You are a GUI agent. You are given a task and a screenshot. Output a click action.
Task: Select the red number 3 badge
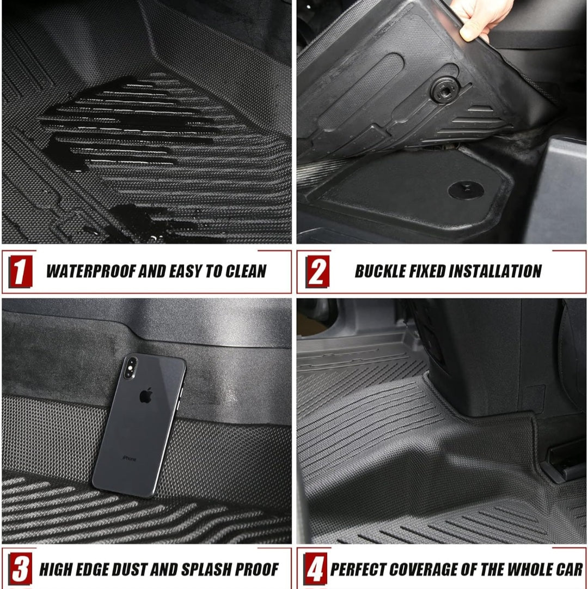(x=21, y=569)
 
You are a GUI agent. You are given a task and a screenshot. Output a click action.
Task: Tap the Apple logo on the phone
(x=145, y=396)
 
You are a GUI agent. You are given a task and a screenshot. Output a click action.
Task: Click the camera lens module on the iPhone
(x=131, y=369)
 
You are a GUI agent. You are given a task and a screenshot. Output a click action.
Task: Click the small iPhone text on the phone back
(x=128, y=459)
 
